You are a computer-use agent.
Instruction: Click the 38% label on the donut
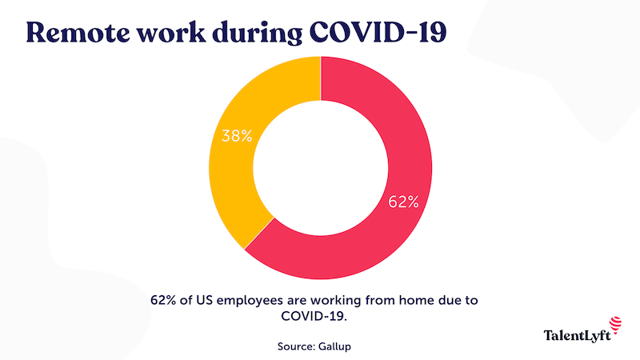coord(237,136)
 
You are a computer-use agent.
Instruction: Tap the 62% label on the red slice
coord(404,202)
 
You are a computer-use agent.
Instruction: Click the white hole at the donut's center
coord(320,168)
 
